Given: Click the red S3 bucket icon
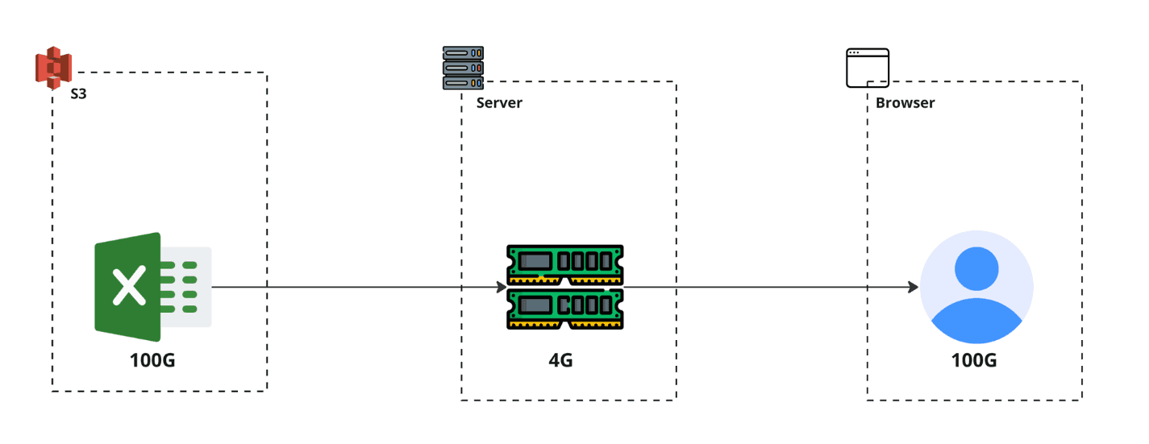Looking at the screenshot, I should pos(54,68).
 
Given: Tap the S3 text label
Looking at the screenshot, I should pos(79,94).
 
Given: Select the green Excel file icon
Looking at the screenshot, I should pos(129,287).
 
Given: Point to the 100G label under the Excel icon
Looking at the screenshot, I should pos(152,360).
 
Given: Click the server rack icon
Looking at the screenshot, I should pos(463,68).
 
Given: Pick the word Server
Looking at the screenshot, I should pos(499,103).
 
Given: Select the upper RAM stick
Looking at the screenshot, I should pos(564,263).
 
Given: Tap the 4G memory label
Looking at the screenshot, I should pos(560,360).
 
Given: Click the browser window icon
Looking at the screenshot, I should pos(867,68).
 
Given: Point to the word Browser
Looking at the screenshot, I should pos(905,103).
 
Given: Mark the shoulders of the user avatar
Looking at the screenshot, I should pos(976,322).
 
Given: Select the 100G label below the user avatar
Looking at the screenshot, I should pos(974,360).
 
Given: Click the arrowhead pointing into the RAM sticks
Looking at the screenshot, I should pos(501,287).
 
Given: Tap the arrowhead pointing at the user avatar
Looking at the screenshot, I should pos(914,287).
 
